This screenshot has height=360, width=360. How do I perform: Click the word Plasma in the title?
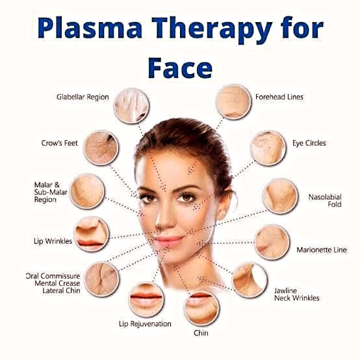pyautogui.click(x=89, y=28)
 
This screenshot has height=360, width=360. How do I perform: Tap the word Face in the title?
pyautogui.click(x=180, y=68)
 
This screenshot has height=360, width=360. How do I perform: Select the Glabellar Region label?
pyautogui.click(x=83, y=97)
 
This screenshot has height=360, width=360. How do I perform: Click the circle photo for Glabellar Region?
pyautogui.click(x=131, y=106)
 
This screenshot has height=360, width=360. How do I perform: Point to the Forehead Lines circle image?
pyautogui.click(x=233, y=101)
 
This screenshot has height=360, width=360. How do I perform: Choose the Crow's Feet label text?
pyautogui.click(x=60, y=143)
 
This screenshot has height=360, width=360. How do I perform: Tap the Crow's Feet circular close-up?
pyautogui.click(x=101, y=148)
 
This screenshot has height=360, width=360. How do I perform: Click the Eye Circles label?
pyautogui.click(x=309, y=143)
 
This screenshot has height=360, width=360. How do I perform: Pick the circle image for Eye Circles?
pyautogui.click(x=268, y=148)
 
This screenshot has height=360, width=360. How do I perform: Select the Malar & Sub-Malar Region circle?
pyautogui.click(x=87, y=192)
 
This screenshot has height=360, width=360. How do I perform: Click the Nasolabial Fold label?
pyautogui.click(x=325, y=200)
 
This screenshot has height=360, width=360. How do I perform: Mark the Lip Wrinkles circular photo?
pyautogui.click(x=92, y=234)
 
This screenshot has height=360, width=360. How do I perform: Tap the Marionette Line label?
pyautogui.click(x=322, y=250)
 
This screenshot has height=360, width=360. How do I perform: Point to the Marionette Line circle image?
pyautogui.click(x=272, y=242)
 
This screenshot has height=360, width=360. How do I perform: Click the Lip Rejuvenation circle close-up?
pyautogui.click(x=146, y=300)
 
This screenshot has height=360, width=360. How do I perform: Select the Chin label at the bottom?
pyautogui.click(x=201, y=333)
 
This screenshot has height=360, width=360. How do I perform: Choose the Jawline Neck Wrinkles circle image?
pyautogui.click(x=250, y=280)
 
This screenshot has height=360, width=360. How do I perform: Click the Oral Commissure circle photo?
pyautogui.click(x=102, y=279)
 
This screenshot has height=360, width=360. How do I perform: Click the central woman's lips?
pyautogui.click(x=170, y=240)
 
